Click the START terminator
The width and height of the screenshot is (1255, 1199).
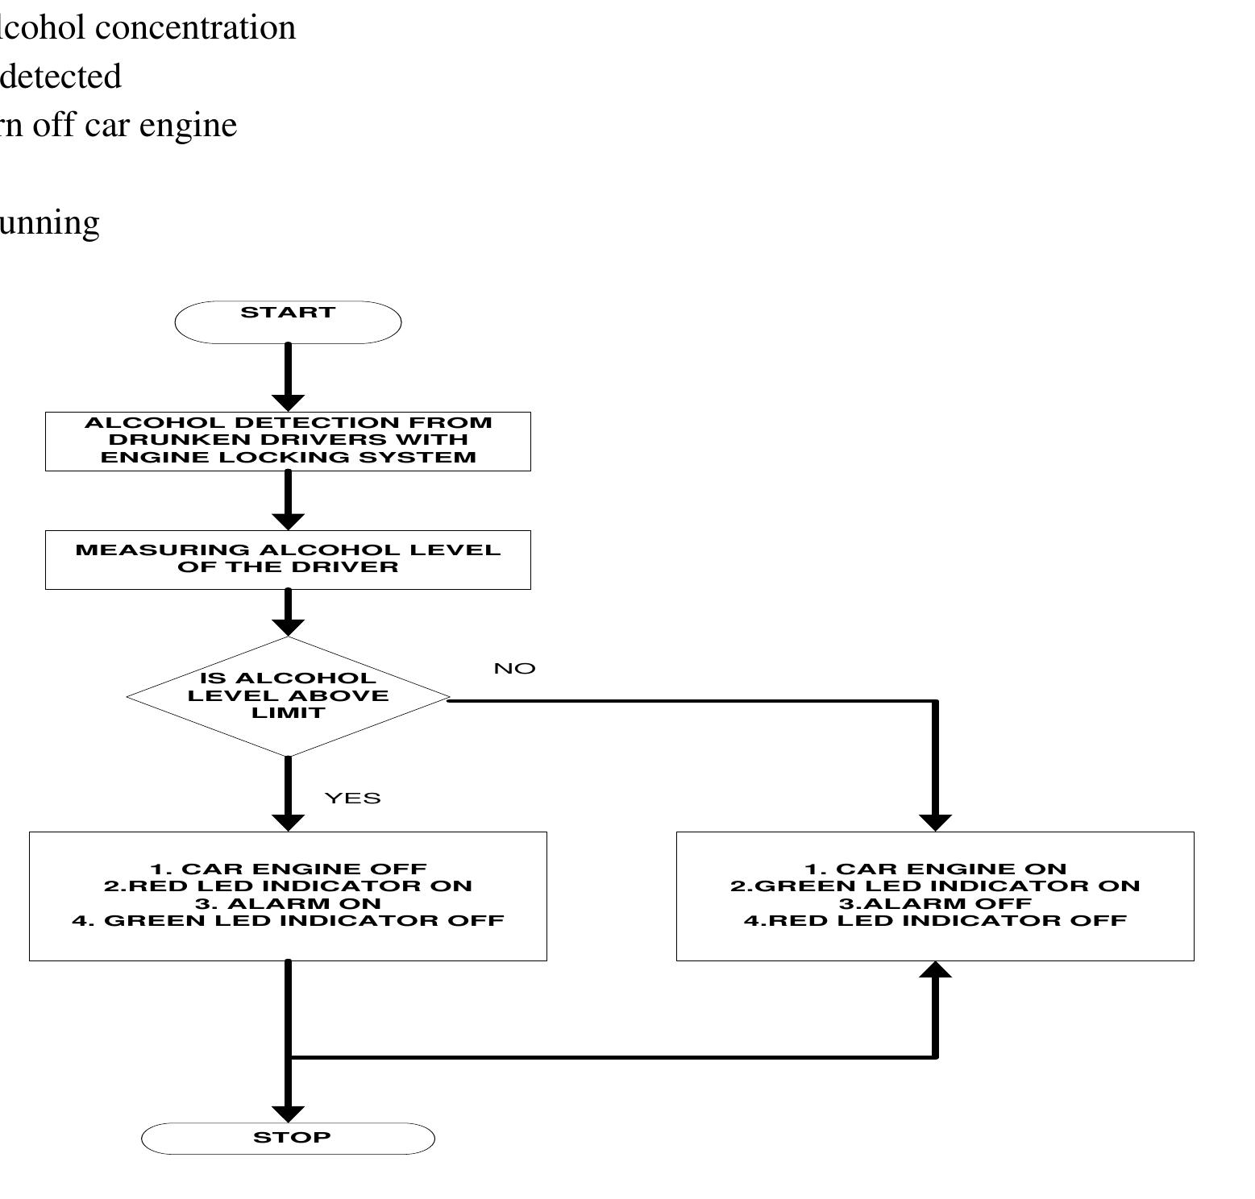tap(288, 322)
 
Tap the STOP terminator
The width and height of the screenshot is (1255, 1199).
tap(288, 1138)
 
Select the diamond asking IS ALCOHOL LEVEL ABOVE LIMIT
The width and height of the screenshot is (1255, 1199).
tap(288, 696)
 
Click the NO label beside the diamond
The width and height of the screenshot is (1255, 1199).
tap(514, 669)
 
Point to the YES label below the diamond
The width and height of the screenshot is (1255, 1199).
tap(352, 798)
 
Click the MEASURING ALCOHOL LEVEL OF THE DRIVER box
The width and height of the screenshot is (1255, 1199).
tap(288, 559)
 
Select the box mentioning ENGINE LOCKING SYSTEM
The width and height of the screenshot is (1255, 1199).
tap(288, 441)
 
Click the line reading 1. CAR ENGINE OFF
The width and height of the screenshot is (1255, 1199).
tap(288, 869)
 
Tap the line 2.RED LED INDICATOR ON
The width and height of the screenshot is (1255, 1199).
tap(288, 886)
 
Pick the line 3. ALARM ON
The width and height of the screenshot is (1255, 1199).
tap(288, 903)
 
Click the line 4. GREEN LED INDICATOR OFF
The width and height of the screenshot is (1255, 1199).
tap(288, 920)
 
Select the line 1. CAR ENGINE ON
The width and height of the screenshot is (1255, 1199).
tap(935, 869)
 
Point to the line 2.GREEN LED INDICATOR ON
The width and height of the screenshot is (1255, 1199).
tap(935, 886)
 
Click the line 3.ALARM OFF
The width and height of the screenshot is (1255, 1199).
tap(935, 903)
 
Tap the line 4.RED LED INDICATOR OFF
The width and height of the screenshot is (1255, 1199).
tap(935, 920)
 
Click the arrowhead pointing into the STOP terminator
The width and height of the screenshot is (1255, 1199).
tap(288, 1114)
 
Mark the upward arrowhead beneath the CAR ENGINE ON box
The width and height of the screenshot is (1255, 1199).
tap(935, 969)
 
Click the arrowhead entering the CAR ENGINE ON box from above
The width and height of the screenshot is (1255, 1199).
tap(935, 823)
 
